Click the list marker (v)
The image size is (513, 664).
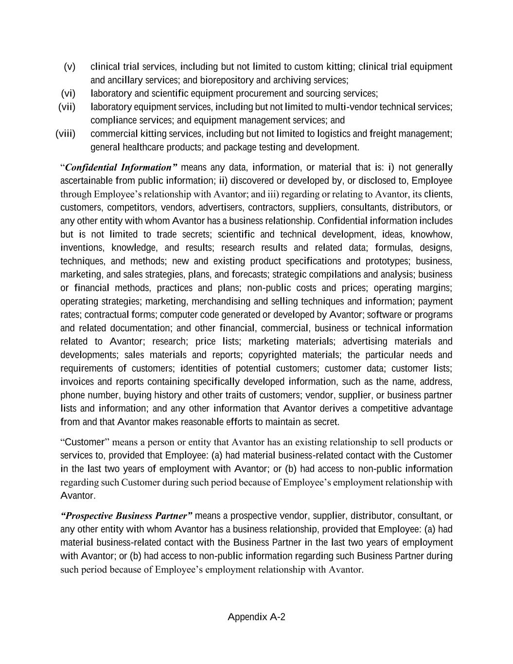click(70, 67)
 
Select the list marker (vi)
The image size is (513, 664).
click(68, 93)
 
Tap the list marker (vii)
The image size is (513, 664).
click(67, 107)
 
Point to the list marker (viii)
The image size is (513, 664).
click(65, 133)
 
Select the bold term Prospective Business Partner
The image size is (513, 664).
click(127, 516)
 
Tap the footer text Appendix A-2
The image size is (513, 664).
click(256, 617)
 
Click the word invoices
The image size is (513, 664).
click(77, 382)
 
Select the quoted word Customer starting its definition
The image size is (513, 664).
click(85, 442)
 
